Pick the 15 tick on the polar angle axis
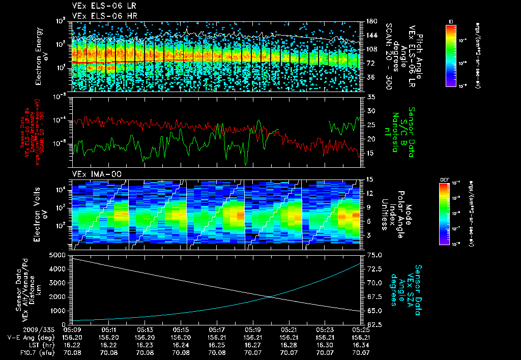pyautogui.click(x=370, y=179)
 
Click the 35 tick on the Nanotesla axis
pyautogui.click(x=370, y=97)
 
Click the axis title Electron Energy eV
pyautogui.click(x=43, y=56)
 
